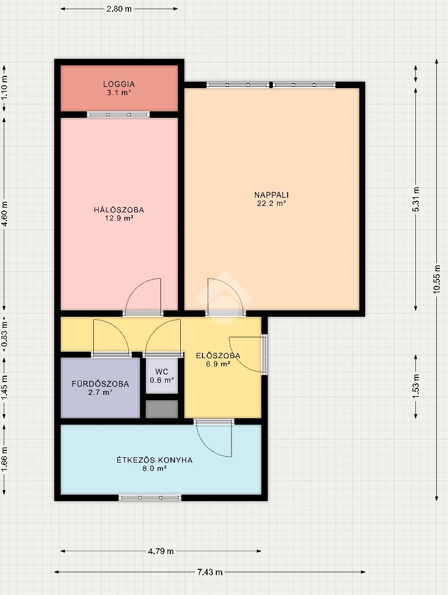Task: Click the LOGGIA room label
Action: [x=119, y=84]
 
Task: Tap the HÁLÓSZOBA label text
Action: [x=119, y=210]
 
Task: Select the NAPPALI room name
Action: [x=272, y=195]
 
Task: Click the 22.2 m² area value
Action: [x=272, y=204]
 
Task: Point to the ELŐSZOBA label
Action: [x=218, y=356]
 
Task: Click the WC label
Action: [x=162, y=372]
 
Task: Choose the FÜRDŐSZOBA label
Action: [x=100, y=384]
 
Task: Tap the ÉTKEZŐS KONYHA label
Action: [x=155, y=460]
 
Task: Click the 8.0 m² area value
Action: [x=155, y=468]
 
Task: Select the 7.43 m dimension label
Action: [x=210, y=572]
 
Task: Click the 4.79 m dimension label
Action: [x=161, y=551]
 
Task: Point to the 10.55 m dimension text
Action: [x=436, y=279]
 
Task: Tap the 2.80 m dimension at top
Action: [x=119, y=9]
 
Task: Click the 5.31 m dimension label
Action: [x=416, y=199]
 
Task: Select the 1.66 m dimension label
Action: [x=4, y=460]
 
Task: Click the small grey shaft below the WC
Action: [x=162, y=409]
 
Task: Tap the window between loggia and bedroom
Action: [x=118, y=114]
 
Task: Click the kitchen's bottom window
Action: [x=150, y=498]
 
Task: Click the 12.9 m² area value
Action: [x=119, y=218]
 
